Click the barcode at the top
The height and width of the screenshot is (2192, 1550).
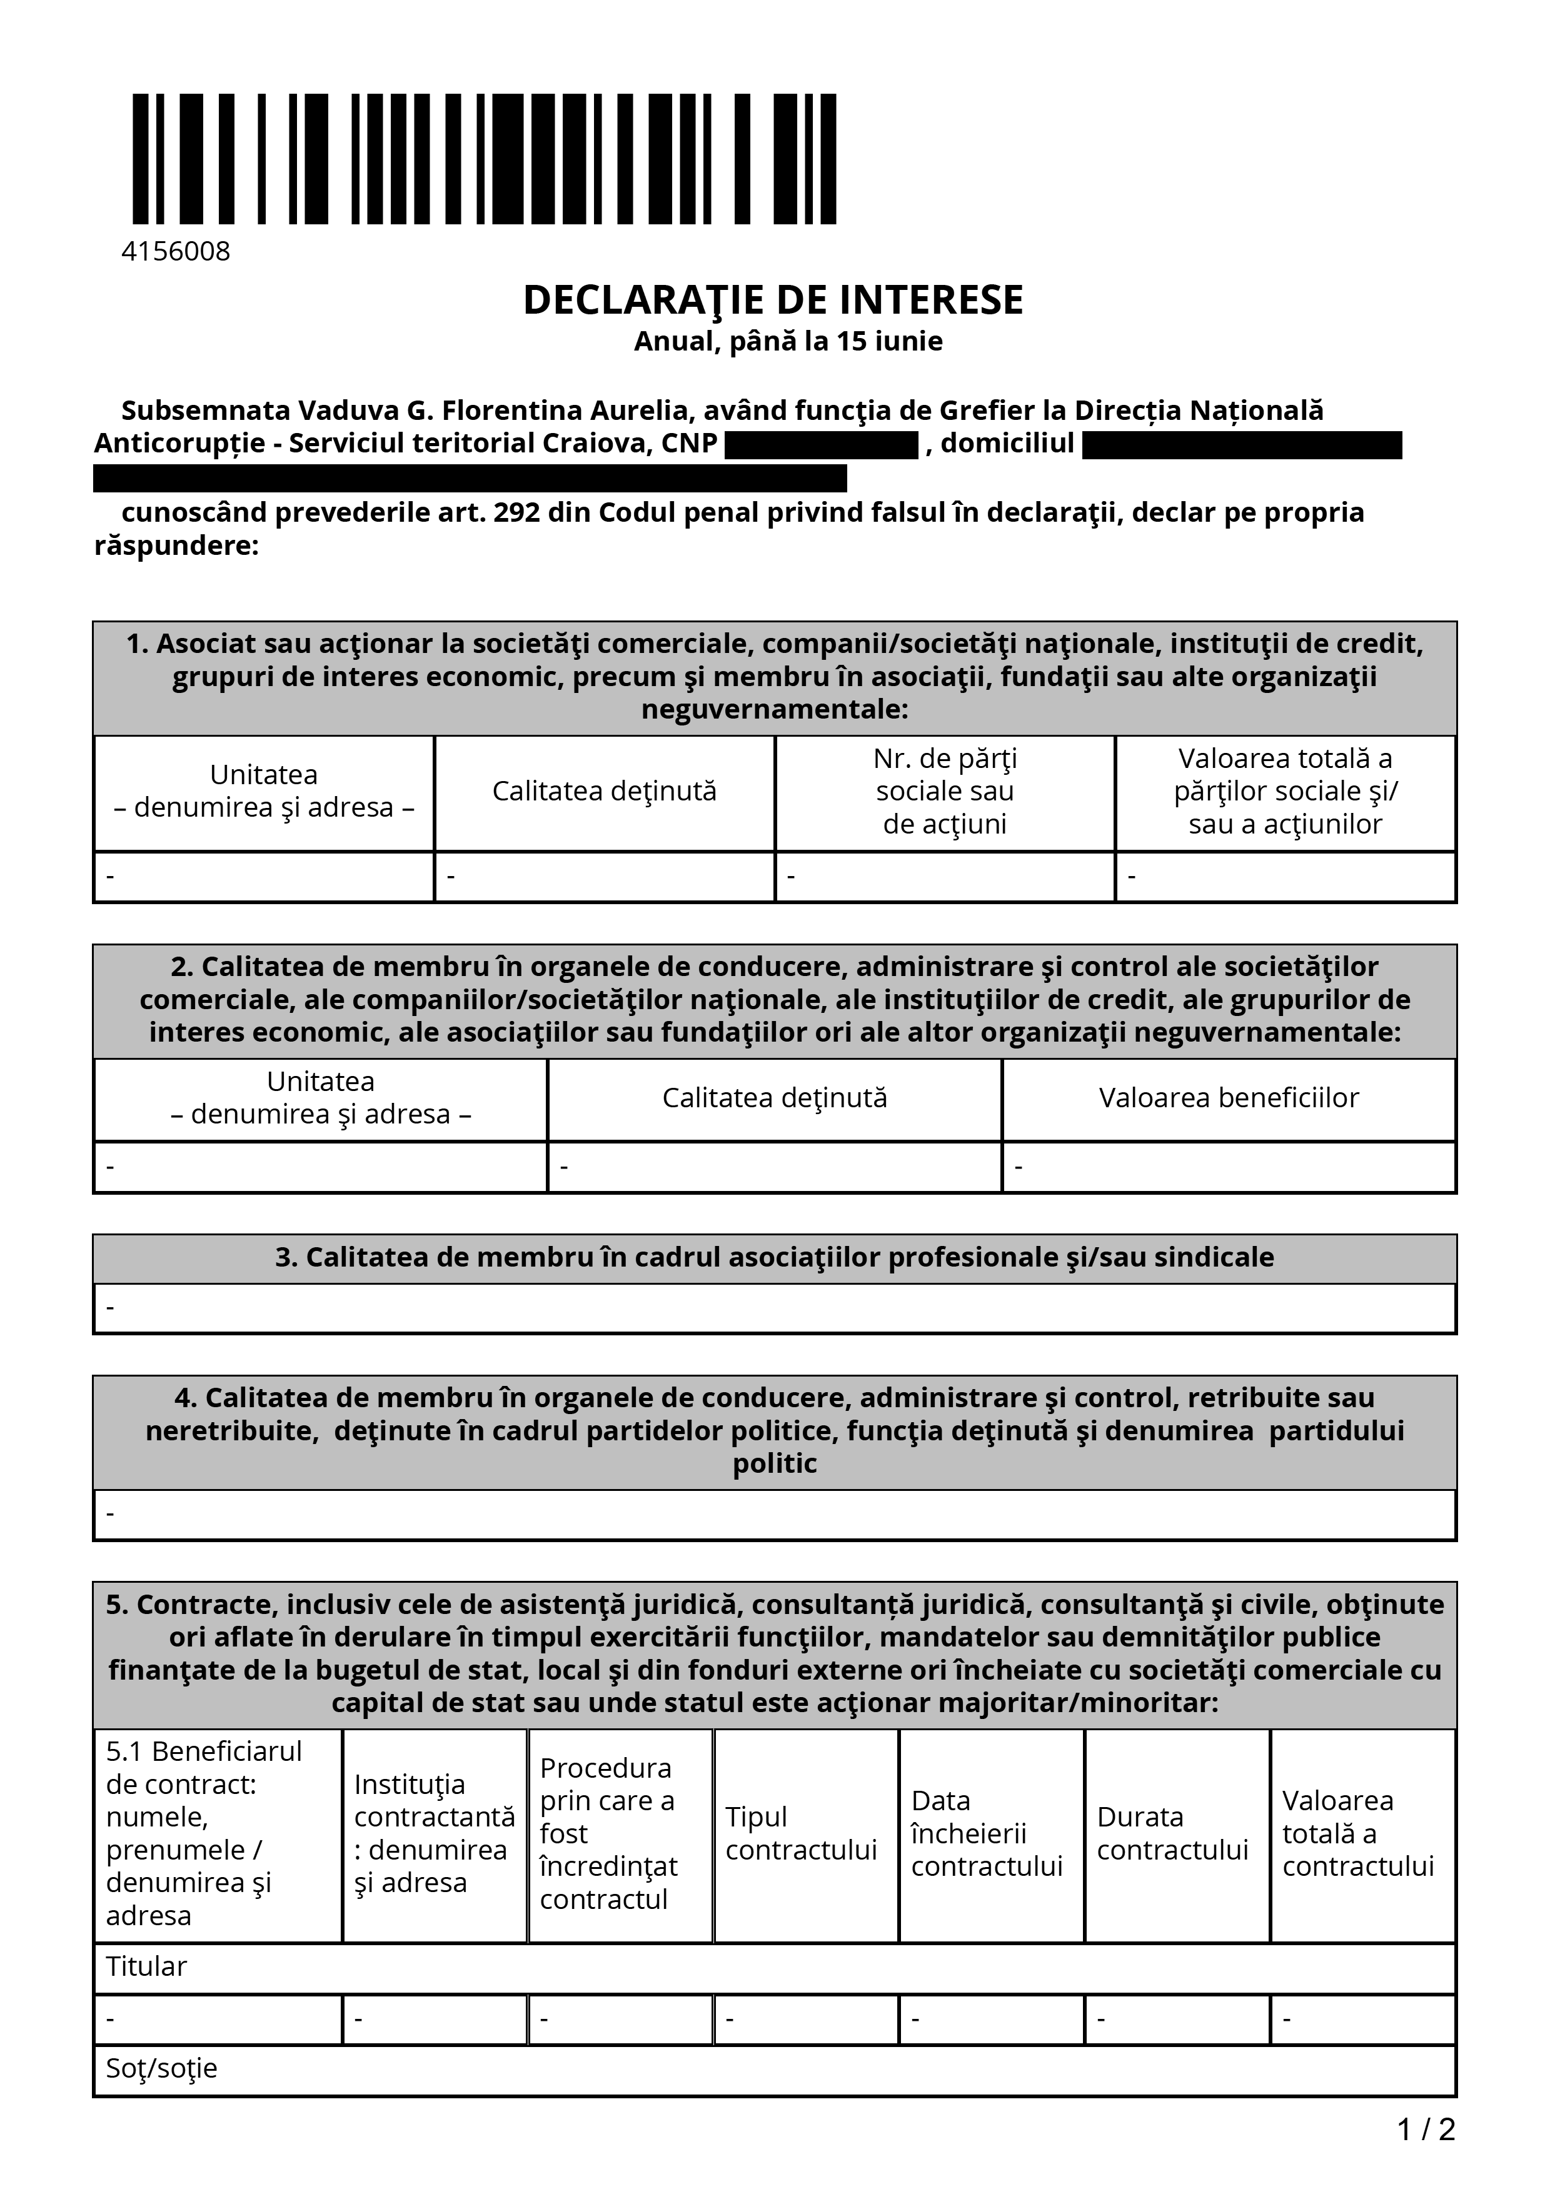click(x=484, y=159)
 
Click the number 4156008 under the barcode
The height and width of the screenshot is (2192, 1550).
click(x=176, y=251)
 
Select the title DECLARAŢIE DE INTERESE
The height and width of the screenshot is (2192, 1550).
click(x=773, y=300)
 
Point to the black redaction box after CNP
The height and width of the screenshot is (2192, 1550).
click(x=822, y=445)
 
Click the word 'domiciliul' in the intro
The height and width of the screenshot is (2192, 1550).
click(x=1007, y=443)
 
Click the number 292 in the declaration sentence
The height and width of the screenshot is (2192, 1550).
click(x=515, y=512)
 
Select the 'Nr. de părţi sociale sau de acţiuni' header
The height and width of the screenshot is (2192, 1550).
click(x=945, y=792)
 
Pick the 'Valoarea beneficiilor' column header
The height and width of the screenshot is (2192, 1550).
click(x=1228, y=1098)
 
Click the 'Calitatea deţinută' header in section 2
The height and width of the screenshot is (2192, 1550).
click(x=775, y=1098)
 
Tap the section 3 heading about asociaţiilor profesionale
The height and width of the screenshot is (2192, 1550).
click(x=775, y=1257)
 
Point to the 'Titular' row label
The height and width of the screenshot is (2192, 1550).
click(x=146, y=1966)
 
